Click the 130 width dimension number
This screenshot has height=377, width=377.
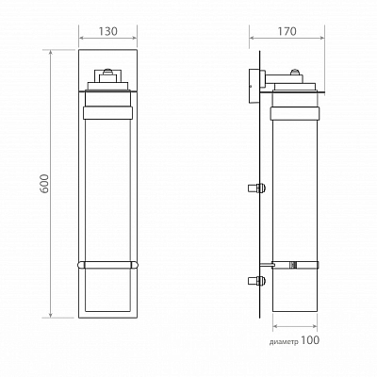(x=107, y=31)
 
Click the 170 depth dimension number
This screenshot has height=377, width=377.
(x=287, y=31)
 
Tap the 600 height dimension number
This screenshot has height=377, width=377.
(x=45, y=184)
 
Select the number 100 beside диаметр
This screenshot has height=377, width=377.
(x=310, y=340)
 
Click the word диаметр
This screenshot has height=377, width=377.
(x=284, y=342)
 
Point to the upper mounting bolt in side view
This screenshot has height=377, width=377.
(x=257, y=188)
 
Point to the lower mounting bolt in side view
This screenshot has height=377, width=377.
(x=257, y=281)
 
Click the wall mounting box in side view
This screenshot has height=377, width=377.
(x=254, y=86)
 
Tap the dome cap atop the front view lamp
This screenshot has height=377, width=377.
(x=107, y=71)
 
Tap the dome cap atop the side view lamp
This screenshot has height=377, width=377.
(x=295, y=72)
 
